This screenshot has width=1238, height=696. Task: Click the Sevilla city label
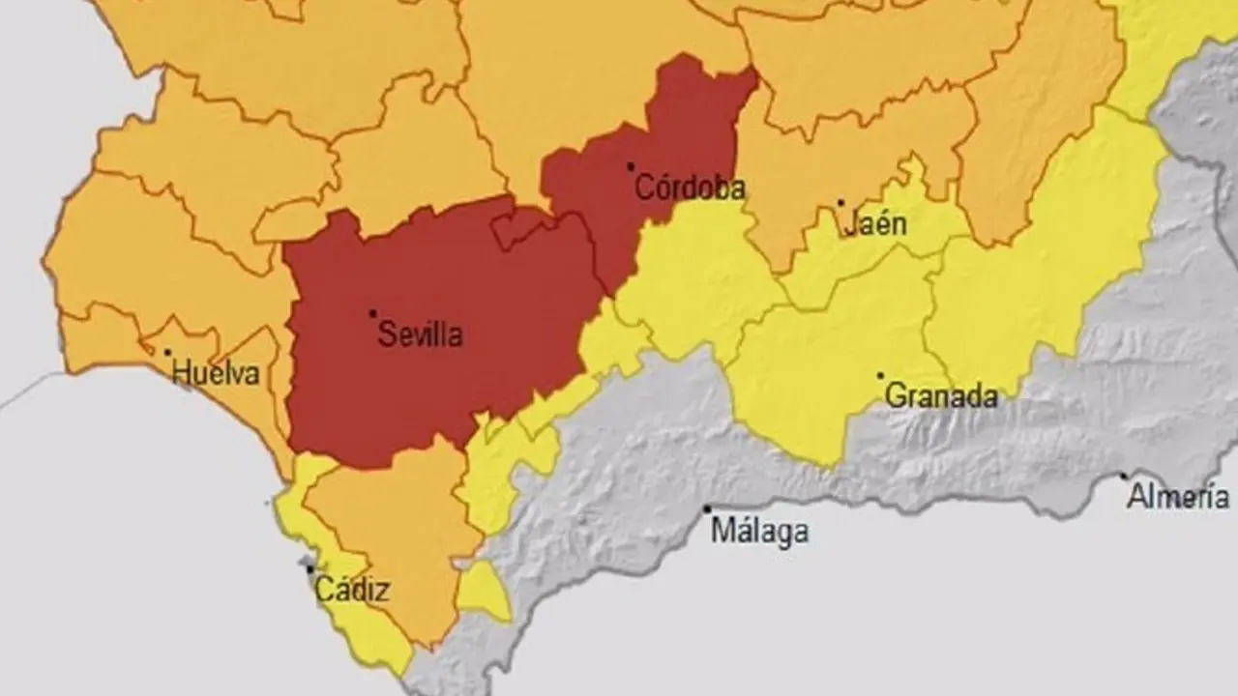[x=420, y=335]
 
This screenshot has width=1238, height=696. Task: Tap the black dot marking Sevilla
[x=372, y=313]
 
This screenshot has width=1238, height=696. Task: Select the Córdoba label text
[x=689, y=188]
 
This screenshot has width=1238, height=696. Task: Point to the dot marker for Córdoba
[x=631, y=167]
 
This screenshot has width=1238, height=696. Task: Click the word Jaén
[x=875, y=225]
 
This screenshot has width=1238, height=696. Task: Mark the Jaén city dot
[x=840, y=203]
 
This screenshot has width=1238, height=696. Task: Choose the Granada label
[x=941, y=396]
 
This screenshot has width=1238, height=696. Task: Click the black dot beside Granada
[x=880, y=376]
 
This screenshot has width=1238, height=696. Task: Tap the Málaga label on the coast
[x=759, y=531]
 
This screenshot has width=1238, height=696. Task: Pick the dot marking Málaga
[x=707, y=508]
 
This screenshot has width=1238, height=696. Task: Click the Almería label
[x=1177, y=498]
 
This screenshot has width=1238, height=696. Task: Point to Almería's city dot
[x=1124, y=476]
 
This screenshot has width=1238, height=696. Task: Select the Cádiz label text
[x=352, y=590]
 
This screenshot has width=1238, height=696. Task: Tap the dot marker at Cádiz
[x=309, y=569]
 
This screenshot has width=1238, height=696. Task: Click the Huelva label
[x=216, y=373]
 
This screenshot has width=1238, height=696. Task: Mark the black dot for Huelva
[x=167, y=353]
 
